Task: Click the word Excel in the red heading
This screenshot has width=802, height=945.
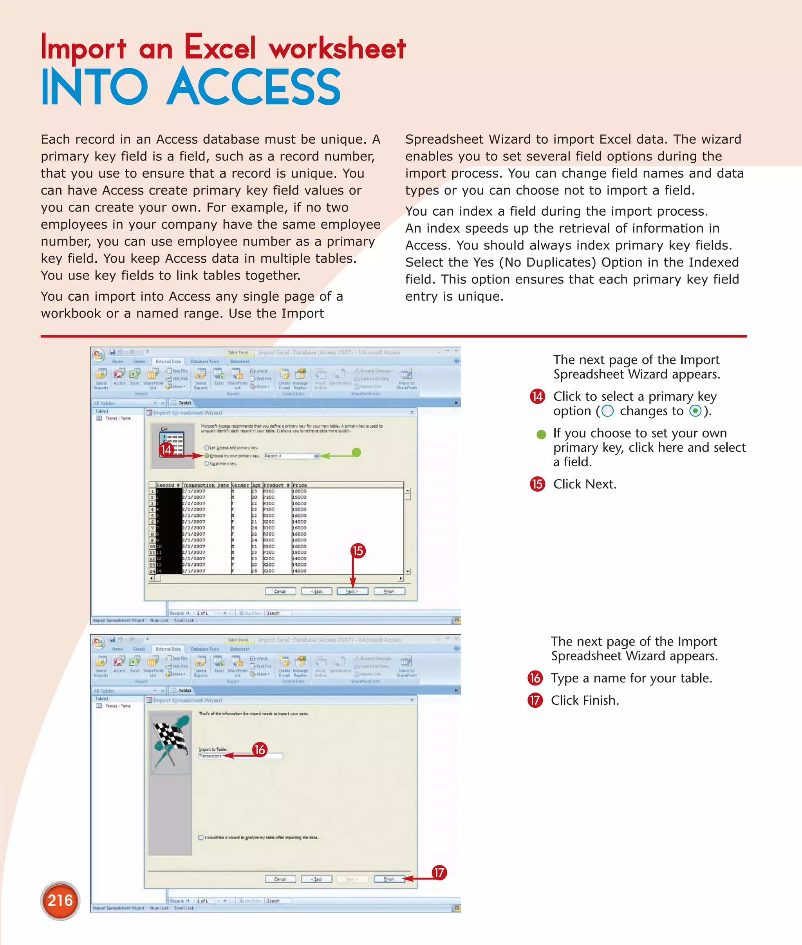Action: coord(220,47)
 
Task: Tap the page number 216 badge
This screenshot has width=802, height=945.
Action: coord(60,900)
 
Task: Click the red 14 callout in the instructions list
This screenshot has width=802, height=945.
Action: coord(537,397)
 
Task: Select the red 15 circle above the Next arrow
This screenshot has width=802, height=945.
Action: coord(358,551)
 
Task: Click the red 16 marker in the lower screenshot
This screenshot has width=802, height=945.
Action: coord(260,750)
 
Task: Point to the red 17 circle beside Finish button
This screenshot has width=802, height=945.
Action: coord(439,872)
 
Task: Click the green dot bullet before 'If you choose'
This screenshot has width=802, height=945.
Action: coord(541,434)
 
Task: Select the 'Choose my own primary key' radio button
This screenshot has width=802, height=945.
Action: coord(207,455)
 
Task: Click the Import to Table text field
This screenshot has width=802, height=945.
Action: coord(240,756)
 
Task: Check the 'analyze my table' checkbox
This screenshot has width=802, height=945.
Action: coord(201,837)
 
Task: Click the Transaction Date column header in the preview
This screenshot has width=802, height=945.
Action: coord(206,485)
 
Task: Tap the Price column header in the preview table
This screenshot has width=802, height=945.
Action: coord(300,485)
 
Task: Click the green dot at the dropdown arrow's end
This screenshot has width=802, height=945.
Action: coord(356,452)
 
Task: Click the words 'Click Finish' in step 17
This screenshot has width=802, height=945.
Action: coord(585,700)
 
